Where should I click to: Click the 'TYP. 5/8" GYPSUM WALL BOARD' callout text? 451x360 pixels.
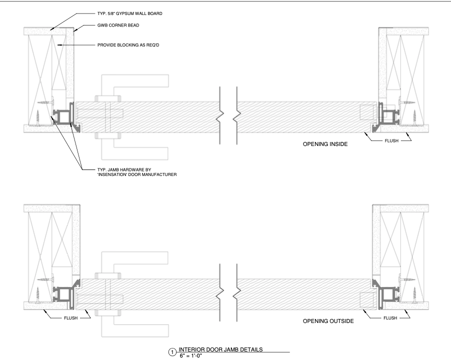point(129,13)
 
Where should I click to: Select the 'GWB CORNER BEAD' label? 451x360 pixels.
point(118,25)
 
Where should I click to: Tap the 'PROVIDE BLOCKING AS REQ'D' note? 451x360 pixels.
point(128,45)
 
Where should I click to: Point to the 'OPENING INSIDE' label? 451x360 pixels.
point(325,144)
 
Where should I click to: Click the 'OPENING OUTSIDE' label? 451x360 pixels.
point(328,321)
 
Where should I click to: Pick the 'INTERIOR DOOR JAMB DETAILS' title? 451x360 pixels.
point(220,349)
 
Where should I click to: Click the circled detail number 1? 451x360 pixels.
point(172,352)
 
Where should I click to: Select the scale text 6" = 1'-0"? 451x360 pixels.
point(191,355)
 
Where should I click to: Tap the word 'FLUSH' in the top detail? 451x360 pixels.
point(391,141)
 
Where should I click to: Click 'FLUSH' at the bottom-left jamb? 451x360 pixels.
point(71,318)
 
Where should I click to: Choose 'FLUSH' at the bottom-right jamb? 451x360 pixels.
point(390,318)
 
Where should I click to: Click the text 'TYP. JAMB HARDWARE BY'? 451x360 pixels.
point(124,170)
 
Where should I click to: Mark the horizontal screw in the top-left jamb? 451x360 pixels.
point(45,102)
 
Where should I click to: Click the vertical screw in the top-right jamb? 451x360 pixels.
point(414,117)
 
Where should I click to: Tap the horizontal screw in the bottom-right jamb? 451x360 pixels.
point(407,279)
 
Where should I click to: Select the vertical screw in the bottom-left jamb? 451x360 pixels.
point(37,294)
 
